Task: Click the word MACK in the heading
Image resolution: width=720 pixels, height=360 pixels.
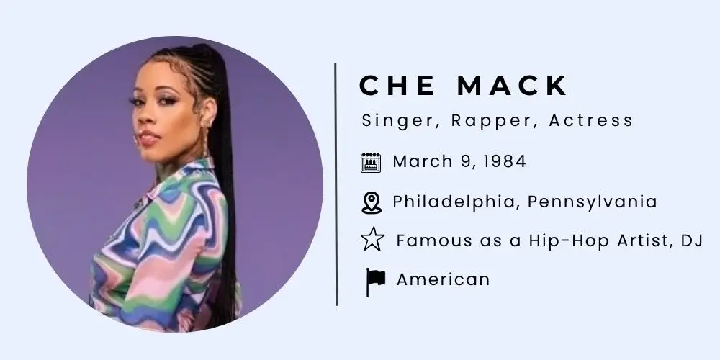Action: pyautogui.click(x=513, y=86)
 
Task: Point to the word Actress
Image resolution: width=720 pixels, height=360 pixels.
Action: pyautogui.click(x=591, y=120)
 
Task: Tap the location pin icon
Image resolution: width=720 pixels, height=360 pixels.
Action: pyautogui.click(x=371, y=202)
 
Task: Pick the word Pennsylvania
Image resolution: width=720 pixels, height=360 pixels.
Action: pyautogui.click(x=592, y=202)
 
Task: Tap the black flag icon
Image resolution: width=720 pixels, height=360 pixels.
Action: pyautogui.click(x=374, y=281)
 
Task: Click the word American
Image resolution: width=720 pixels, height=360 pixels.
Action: pyautogui.click(x=443, y=279)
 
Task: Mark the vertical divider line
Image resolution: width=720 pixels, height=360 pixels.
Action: pyautogui.click(x=336, y=184)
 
